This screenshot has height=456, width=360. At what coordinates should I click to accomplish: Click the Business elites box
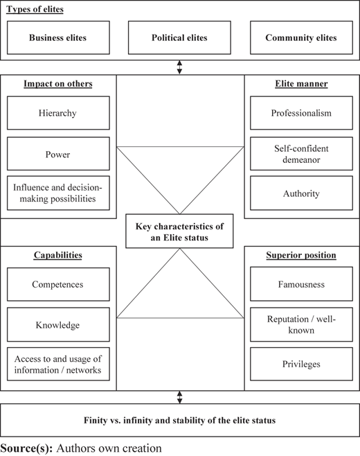point(58,37)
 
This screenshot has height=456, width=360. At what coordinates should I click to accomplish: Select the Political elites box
point(179,37)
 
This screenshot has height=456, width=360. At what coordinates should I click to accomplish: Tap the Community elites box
point(301,37)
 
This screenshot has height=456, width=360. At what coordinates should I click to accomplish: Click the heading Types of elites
point(35,9)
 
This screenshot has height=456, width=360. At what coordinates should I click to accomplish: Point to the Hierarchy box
point(58,113)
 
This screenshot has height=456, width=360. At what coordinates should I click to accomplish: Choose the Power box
point(58,154)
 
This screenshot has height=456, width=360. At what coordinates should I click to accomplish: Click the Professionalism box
point(301,113)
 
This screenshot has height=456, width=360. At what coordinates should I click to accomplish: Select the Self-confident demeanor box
point(301,154)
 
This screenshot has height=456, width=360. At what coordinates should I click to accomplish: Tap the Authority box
point(301,193)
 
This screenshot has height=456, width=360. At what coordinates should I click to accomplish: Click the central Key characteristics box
point(179,231)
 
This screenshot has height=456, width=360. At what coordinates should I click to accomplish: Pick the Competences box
point(58,284)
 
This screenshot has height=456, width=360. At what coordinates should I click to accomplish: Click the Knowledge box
point(58,324)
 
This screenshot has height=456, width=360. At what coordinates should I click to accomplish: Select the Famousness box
point(301,284)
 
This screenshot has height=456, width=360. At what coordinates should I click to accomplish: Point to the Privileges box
point(301,364)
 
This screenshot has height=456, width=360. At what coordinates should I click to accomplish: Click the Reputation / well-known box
point(301,324)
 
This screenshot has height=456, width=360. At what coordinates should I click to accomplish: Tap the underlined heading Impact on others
point(58,84)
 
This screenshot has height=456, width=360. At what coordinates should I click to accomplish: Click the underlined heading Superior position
point(301,255)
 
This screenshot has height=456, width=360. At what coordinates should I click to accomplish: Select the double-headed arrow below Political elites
point(179,67)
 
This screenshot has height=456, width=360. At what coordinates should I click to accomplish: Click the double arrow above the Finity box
point(179,397)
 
